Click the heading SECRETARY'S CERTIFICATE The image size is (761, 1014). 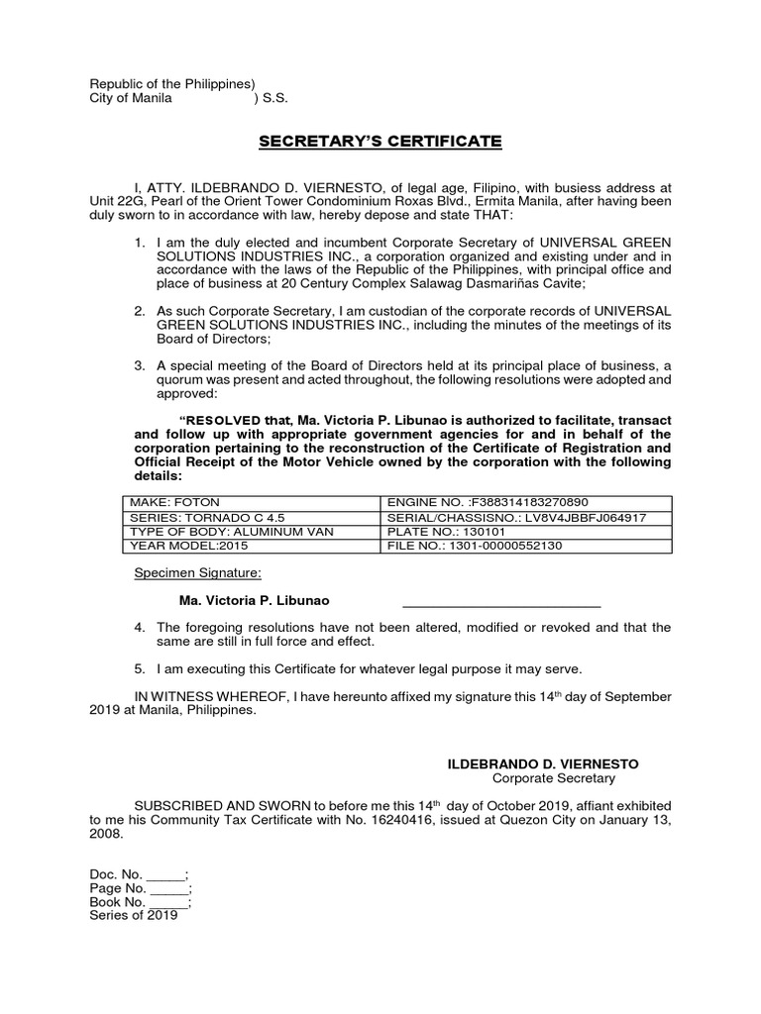coord(380,142)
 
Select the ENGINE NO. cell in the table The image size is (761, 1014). coord(526,503)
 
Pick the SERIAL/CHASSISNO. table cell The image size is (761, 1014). coord(526,517)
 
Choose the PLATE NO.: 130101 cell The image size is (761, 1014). coord(526,532)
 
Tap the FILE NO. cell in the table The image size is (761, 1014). coord(526,546)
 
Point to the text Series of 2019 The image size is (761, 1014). coord(134,916)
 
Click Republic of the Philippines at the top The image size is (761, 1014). coord(172,84)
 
